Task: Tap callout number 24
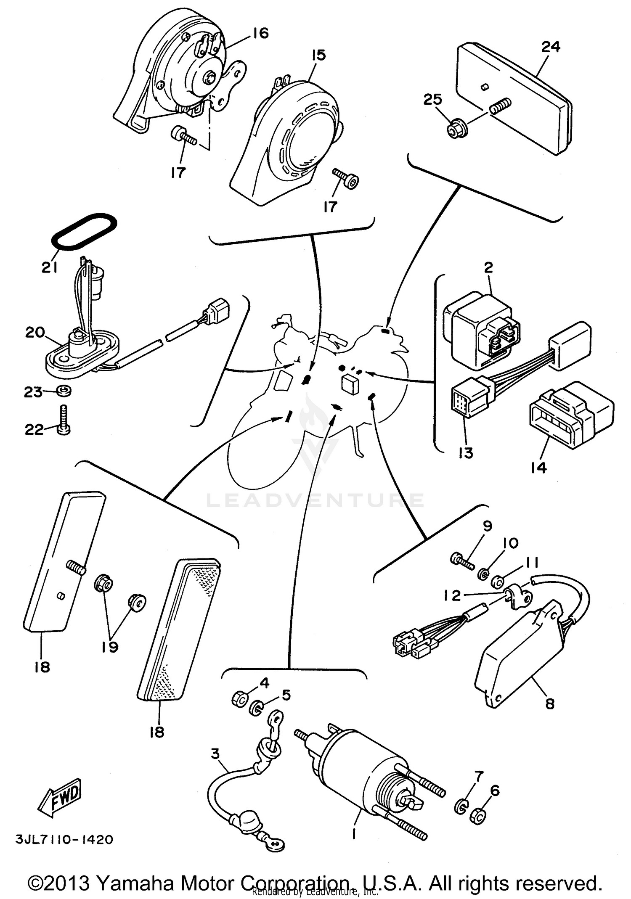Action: pos(550,46)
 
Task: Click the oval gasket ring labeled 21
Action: pos(84,231)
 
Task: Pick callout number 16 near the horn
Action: pos(260,33)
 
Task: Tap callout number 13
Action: pos(466,453)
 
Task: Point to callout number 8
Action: pos(550,703)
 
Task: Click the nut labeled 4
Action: pos(239,699)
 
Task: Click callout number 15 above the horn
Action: pos(318,55)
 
